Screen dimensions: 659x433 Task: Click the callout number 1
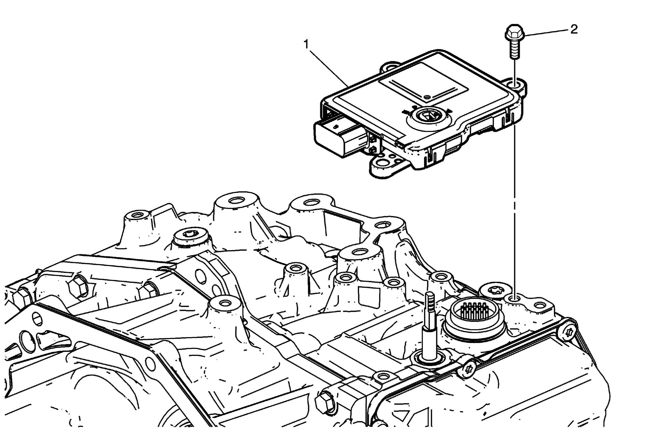click(x=306, y=45)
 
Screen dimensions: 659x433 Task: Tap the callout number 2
click(x=574, y=30)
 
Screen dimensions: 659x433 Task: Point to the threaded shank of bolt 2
click(x=515, y=49)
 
